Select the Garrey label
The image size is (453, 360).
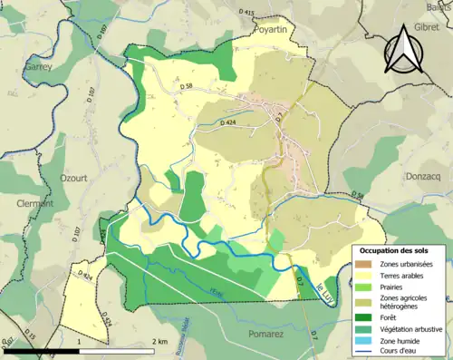tap(40, 66)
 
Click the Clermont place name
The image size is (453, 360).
tap(35, 204)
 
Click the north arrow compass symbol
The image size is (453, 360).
tap(404, 51)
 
